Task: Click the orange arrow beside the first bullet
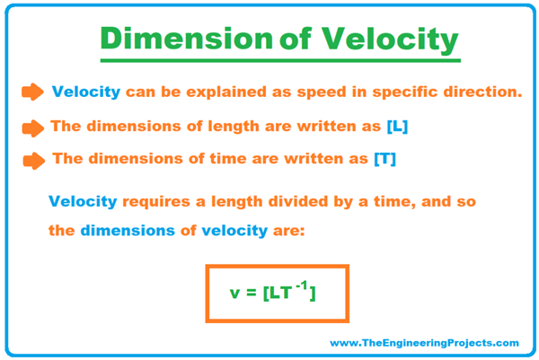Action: coord(32,92)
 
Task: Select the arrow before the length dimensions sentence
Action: coord(32,127)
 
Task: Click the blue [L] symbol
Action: coord(395,127)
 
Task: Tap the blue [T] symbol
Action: coord(384,160)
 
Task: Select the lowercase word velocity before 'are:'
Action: coord(235,231)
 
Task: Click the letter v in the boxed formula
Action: coord(236,294)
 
